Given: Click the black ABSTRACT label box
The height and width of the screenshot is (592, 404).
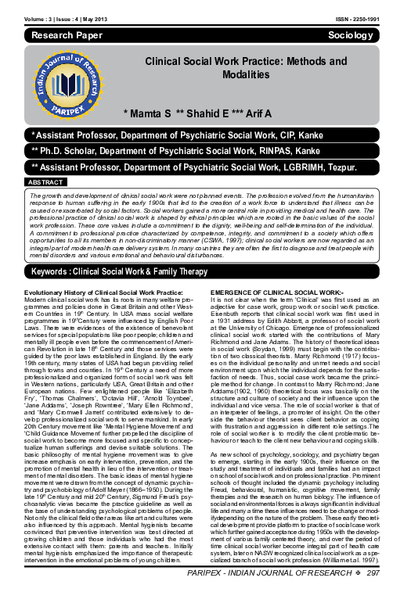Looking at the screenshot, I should click(46, 182).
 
